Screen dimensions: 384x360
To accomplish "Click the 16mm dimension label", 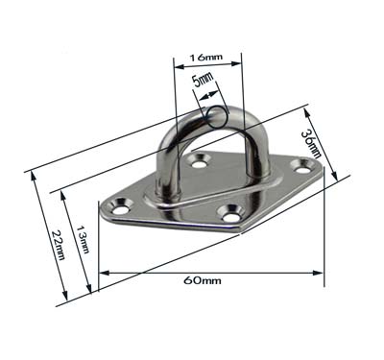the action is (x=206, y=58).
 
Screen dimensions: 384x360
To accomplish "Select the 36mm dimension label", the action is (x=311, y=143).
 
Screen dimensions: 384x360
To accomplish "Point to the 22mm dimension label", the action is (x=58, y=245).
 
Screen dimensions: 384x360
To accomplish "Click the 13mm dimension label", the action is (x=83, y=238).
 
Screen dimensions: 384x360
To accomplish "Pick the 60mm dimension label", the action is (x=203, y=280).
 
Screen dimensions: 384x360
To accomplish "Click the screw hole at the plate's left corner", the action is (x=121, y=207).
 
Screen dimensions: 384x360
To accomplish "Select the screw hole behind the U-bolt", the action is (x=200, y=161).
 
